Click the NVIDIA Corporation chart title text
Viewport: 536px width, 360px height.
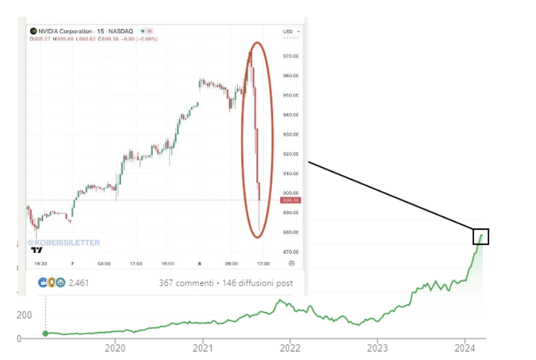(x=66, y=31)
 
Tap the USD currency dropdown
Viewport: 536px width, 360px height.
(x=290, y=31)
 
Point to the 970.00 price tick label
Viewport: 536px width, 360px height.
(x=291, y=56)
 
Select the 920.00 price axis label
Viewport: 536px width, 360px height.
(x=291, y=154)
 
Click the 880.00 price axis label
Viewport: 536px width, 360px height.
(x=291, y=232)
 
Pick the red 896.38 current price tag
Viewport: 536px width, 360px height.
(x=291, y=200)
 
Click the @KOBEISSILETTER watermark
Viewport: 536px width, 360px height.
(x=64, y=242)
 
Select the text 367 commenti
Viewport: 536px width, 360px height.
(x=186, y=283)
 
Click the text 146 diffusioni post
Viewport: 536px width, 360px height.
(x=258, y=283)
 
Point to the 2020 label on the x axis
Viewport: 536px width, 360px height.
(x=115, y=348)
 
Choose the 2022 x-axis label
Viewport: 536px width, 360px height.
(x=290, y=348)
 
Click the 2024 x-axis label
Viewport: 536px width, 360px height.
(x=464, y=348)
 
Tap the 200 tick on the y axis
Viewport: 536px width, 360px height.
(x=24, y=315)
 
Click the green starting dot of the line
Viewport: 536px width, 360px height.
(x=45, y=333)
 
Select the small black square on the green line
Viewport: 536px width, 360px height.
(x=481, y=237)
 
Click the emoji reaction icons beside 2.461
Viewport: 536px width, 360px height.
(x=52, y=282)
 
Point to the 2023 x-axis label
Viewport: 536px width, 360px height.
(x=377, y=348)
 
